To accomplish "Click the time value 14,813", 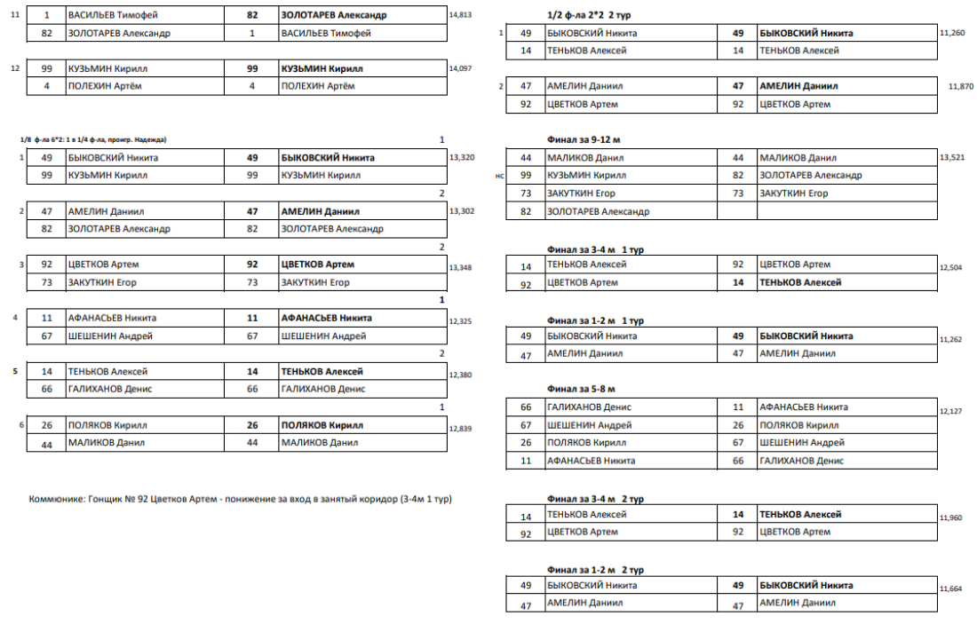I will (x=461, y=15).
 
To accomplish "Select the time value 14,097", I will (x=461, y=68).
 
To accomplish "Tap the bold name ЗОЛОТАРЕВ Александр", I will (x=334, y=15).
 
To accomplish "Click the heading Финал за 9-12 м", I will (x=585, y=139).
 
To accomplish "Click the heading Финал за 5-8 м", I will (x=582, y=389).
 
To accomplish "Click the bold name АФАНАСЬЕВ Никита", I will (x=326, y=318).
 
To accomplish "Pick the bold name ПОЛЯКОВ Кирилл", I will (x=322, y=425).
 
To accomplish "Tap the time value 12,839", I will (x=461, y=429).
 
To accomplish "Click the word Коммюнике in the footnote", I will (x=57, y=499).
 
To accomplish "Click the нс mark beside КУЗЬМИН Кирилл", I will (x=500, y=176).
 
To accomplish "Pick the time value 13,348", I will (x=461, y=267).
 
